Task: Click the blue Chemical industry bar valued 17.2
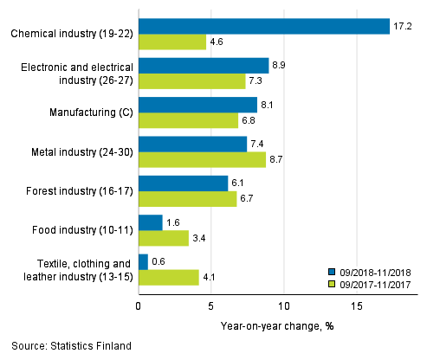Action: (264, 27)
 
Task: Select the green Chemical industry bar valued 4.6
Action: (172, 42)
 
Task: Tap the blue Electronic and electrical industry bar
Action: (204, 66)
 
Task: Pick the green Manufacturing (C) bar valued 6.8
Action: (188, 120)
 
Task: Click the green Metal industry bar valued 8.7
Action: (202, 159)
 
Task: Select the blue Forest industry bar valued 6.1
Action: (183, 183)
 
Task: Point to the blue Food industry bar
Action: (151, 222)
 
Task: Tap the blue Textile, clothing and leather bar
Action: (143, 261)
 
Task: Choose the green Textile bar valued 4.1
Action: (169, 277)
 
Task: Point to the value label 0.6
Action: (159, 261)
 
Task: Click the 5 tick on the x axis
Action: (211, 305)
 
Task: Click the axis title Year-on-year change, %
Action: (278, 326)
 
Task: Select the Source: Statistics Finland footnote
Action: (67, 346)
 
